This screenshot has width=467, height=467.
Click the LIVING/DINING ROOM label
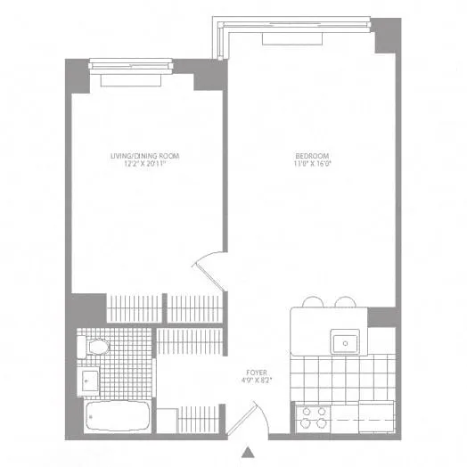(144, 157)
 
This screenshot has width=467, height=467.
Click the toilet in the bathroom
(95, 347)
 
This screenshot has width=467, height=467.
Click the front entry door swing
(257, 416)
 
